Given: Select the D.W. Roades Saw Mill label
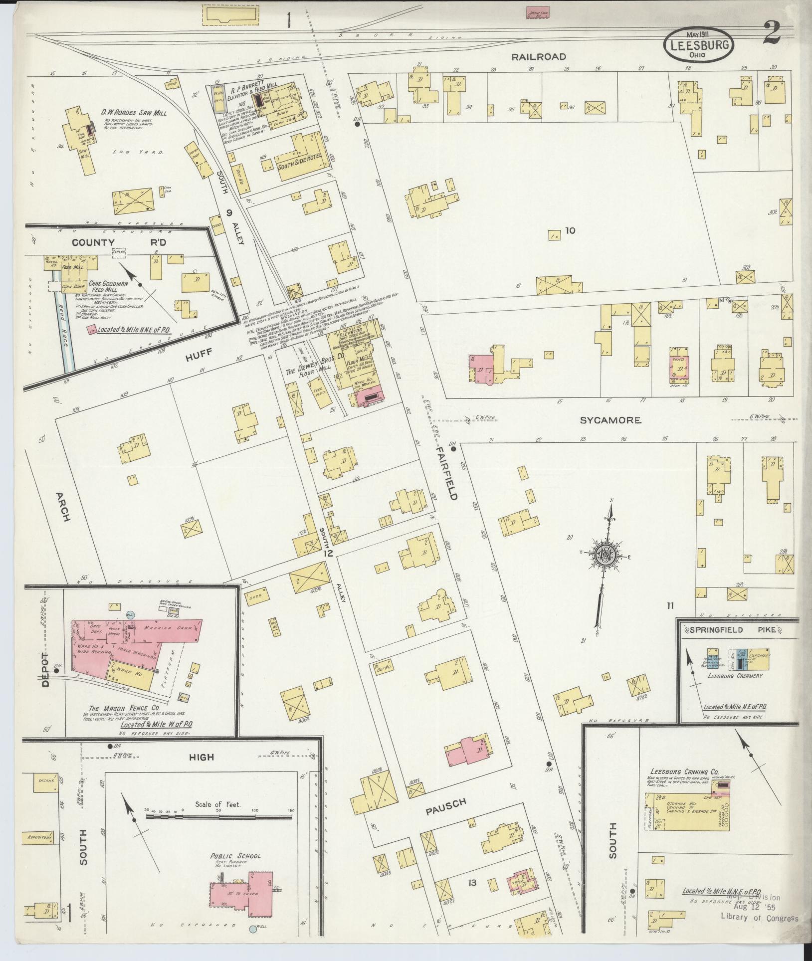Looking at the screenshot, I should pyautogui.click(x=134, y=113).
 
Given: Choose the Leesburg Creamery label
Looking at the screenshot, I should pyautogui.click(x=735, y=676).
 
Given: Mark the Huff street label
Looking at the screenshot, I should pyautogui.click(x=200, y=353).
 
